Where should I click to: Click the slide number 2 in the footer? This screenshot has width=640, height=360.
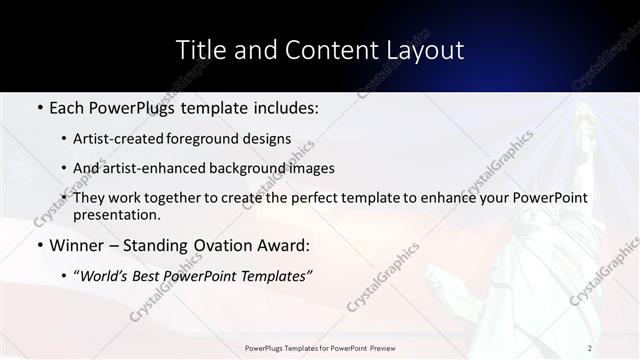point(590,348)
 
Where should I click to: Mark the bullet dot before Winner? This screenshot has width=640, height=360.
point(39,246)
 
